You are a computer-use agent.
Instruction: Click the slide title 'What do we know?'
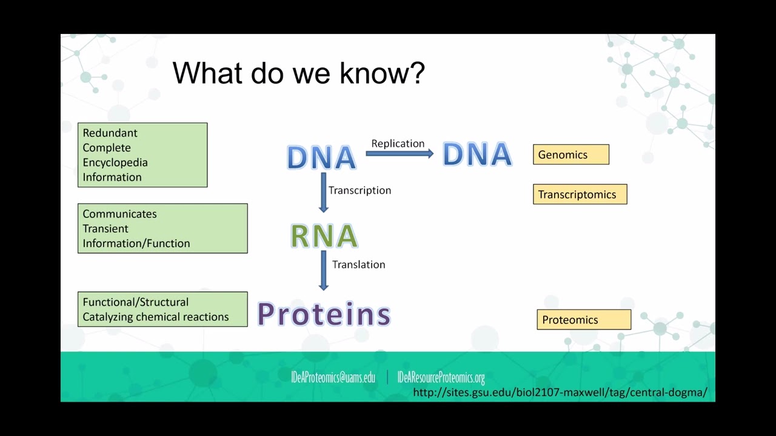coord(298,73)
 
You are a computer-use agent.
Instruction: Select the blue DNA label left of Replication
coord(321,157)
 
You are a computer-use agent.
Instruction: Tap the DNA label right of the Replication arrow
coord(477,154)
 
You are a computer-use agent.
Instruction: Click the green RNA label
coord(324,236)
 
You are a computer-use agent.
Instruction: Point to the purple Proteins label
coord(324,314)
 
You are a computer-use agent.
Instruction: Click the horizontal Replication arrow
coord(400,154)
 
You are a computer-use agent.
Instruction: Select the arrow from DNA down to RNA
coord(323,193)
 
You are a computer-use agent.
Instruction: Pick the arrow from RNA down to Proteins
coord(323,271)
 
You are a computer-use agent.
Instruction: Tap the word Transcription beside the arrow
coord(360,190)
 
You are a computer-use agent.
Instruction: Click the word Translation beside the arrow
coord(358,265)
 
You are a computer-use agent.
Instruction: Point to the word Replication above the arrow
coord(398,144)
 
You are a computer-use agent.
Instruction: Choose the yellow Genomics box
coord(570,154)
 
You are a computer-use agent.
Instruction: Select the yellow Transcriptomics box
coord(580,194)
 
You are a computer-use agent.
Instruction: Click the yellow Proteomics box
coord(583,320)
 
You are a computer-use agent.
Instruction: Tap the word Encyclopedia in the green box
coord(115,162)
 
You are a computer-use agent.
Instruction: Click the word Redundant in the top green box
coord(110,133)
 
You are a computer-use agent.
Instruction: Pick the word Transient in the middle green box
coord(105,228)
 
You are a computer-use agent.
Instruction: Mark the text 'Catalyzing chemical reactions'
coord(156,317)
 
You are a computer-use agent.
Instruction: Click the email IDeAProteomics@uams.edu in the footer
coord(333,378)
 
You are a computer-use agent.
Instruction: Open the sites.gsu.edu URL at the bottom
coord(560,392)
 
